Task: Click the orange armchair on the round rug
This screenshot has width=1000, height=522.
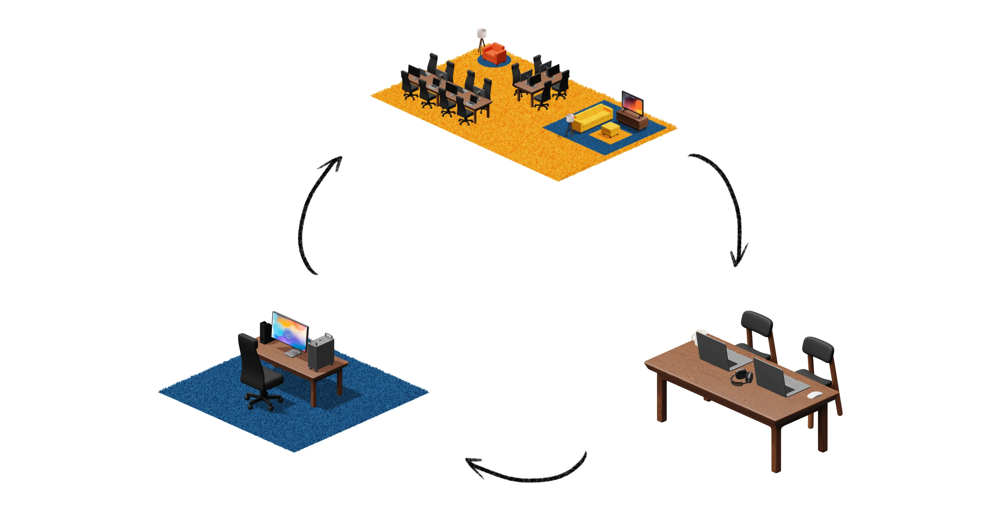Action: (494, 54)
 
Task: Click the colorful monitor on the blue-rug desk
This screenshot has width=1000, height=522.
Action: (290, 332)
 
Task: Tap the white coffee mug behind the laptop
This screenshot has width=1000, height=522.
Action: (697, 336)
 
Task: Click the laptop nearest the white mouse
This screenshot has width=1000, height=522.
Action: (774, 378)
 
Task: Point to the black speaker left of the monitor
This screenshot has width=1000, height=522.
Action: (265, 332)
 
